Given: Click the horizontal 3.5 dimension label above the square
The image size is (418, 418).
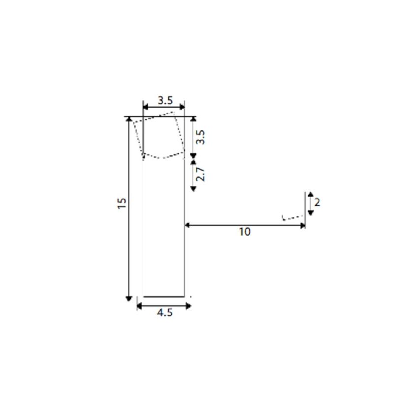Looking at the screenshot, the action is click(x=165, y=100).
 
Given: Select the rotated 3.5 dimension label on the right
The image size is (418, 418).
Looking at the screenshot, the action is click(x=200, y=137).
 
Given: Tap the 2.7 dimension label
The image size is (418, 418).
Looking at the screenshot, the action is click(x=200, y=175).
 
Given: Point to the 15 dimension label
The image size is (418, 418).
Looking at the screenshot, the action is click(x=122, y=204).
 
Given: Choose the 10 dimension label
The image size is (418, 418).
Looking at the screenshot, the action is click(x=245, y=232).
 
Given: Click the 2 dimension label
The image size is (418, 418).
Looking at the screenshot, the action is click(x=317, y=203).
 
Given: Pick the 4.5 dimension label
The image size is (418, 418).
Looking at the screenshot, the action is click(x=165, y=312).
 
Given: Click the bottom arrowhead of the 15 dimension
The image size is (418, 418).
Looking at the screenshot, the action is click(x=129, y=299).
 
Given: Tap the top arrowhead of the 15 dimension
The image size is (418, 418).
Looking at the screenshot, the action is click(x=129, y=119).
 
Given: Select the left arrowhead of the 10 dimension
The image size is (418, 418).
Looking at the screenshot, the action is click(x=187, y=225).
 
